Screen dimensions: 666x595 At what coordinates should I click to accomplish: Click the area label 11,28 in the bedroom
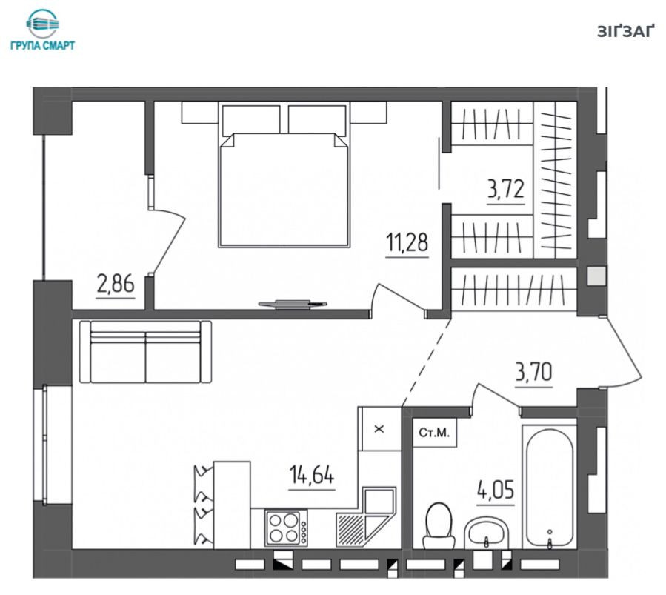pyautogui.click(x=407, y=242)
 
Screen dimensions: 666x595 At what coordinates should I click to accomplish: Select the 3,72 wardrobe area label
pyautogui.click(x=505, y=189)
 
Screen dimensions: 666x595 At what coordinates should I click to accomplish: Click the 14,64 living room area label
pyautogui.click(x=312, y=474)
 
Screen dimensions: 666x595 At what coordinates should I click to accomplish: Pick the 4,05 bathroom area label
pyautogui.click(x=496, y=490)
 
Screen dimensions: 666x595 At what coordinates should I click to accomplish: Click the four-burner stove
pyautogui.click(x=286, y=528)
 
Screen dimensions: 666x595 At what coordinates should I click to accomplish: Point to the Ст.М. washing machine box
pyautogui.click(x=434, y=433)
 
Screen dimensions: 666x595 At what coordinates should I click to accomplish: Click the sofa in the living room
pyautogui.click(x=146, y=352)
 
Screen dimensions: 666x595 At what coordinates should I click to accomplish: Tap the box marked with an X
pyautogui.click(x=379, y=429)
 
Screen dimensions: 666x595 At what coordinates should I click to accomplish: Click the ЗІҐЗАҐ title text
pyautogui.click(x=624, y=32)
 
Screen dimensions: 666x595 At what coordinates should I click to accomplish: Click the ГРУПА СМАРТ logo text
pyautogui.click(x=42, y=45)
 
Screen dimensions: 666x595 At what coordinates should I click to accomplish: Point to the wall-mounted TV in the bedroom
pyautogui.click(x=293, y=304)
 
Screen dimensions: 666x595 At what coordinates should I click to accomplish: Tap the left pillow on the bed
pyautogui.click(x=251, y=119)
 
